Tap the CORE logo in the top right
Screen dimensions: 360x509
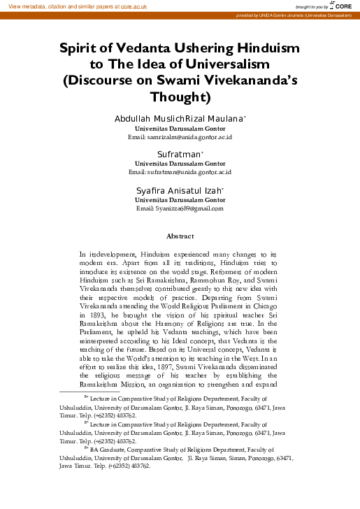click(x=342, y=5)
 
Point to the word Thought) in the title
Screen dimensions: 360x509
click(x=180, y=95)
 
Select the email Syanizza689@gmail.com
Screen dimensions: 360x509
click(x=180, y=208)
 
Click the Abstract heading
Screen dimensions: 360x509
click(x=180, y=236)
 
